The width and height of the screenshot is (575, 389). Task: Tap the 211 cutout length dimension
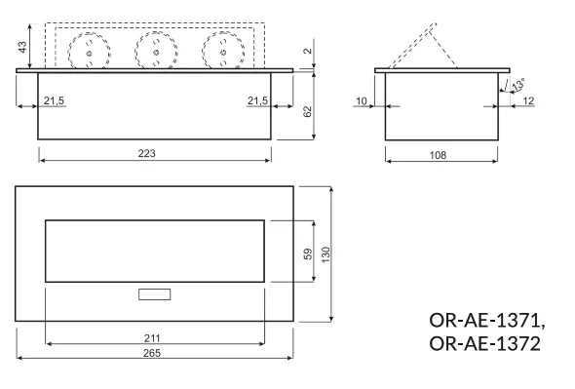click(154, 337)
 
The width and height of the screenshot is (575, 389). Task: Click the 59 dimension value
click(308, 253)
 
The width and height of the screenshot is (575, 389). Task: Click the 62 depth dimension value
click(308, 112)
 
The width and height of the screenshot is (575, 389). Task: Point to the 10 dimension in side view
click(362, 101)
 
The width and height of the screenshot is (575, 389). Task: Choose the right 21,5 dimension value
click(257, 101)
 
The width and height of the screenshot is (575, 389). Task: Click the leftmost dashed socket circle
click(89, 51)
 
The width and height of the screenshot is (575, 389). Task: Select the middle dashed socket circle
click(155, 51)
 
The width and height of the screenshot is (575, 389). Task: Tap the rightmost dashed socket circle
click(221, 51)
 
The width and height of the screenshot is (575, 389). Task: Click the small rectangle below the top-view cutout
click(154, 294)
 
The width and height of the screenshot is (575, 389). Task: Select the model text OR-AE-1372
click(483, 343)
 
